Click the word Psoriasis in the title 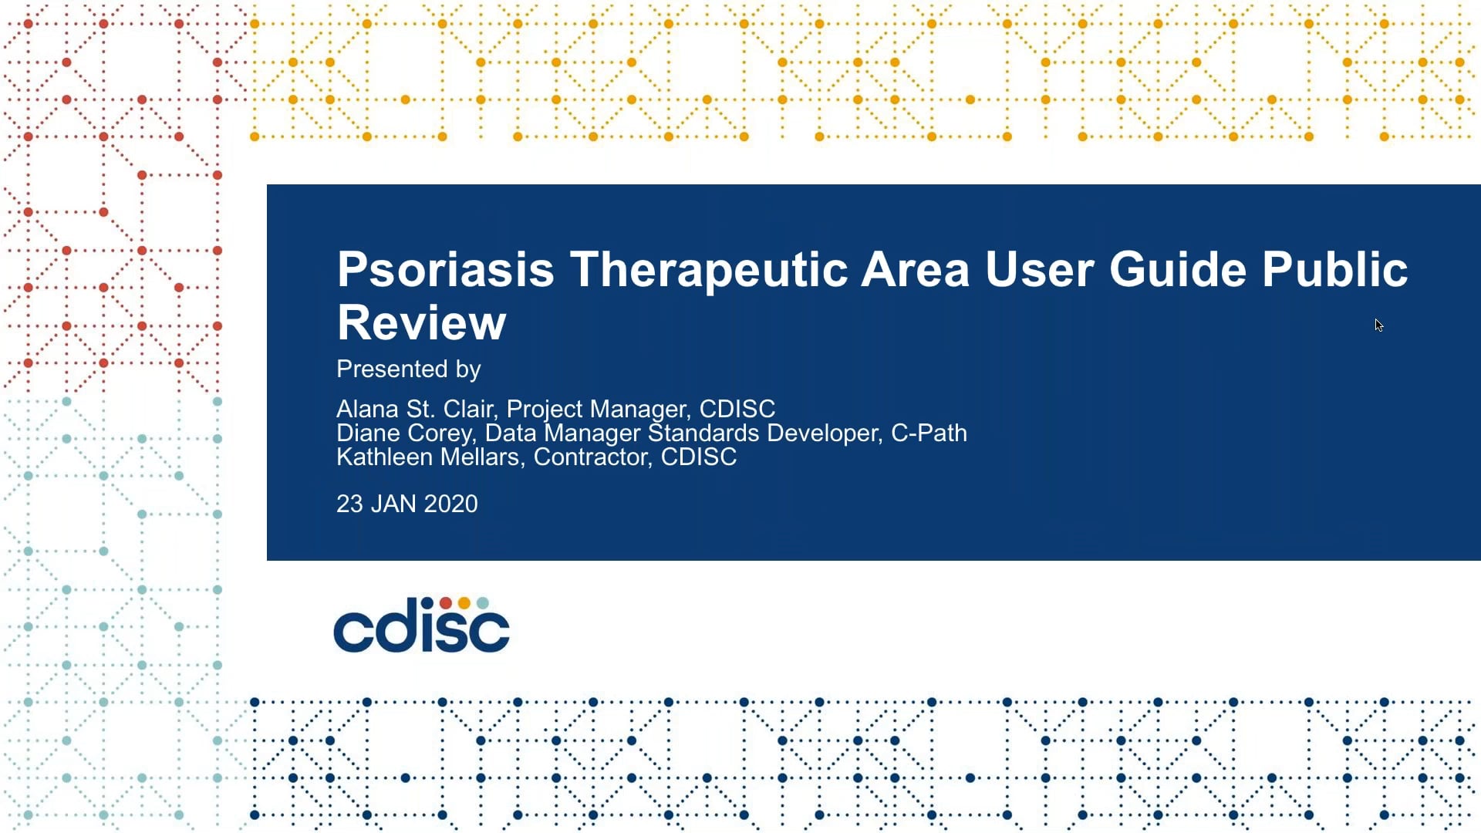tap(445, 270)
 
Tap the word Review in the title tap(421, 323)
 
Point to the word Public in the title tap(1334, 270)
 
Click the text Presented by tap(408, 369)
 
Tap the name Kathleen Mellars tap(427, 457)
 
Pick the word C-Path tap(929, 433)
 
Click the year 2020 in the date tap(450, 504)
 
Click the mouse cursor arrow tap(1378, 325)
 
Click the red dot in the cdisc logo tap(446, 602)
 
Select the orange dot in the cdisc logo tap(464, 602)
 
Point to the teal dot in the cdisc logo tap(482, 602)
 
